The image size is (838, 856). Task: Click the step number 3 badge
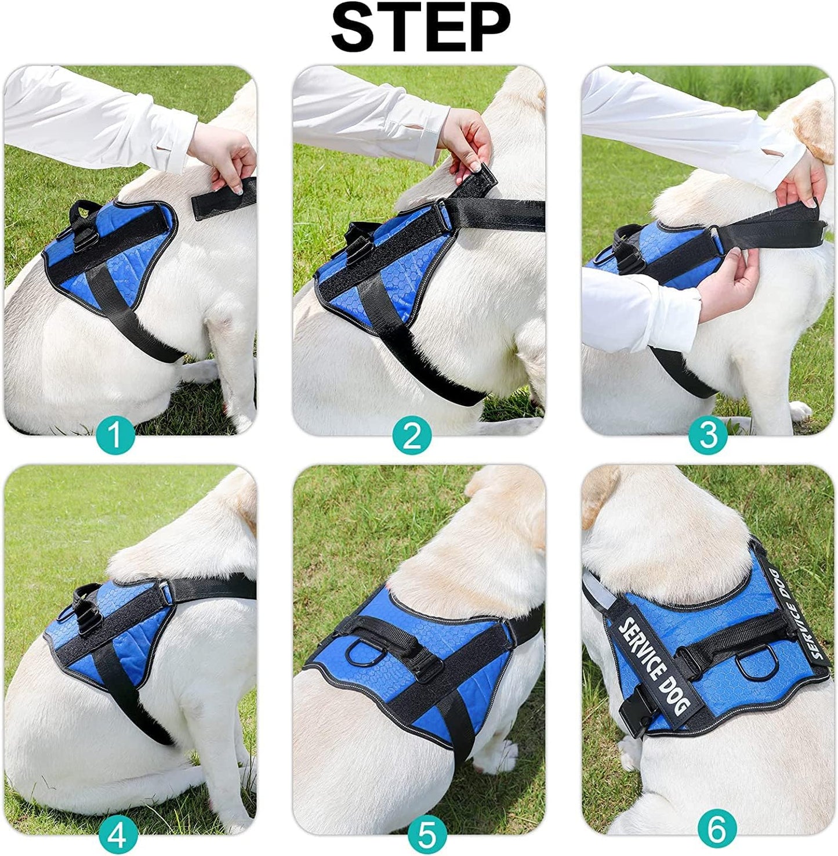pos(708,435)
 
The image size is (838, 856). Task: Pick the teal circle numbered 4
pos(118,835)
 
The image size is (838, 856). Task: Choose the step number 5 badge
pos(427,835)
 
